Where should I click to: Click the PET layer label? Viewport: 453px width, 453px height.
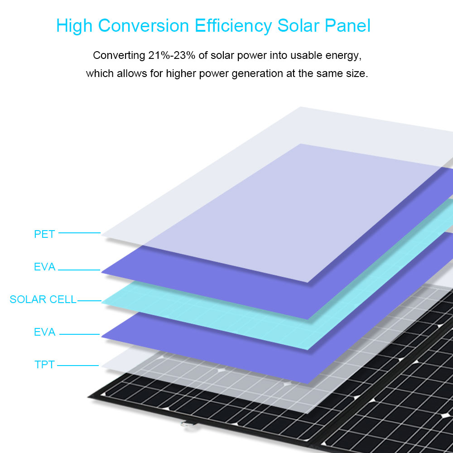pyautogui.click(x=44, y=234)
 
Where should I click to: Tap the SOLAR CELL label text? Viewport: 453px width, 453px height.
pyautogui.click(x=43, y=299)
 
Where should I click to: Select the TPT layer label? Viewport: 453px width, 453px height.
pyautogui.click(x=44, y=365)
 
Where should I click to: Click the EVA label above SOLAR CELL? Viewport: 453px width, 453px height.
pyautogui.click(x=44, y=267)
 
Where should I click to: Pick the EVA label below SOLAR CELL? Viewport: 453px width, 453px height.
pyautogui.click(x=44, y=332)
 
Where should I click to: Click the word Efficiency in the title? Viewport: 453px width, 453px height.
pyautogui.click(x=233, y=26)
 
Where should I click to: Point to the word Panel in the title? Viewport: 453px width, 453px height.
pyautogui.click(x=347, y=26)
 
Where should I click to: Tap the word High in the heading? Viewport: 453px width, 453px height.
pyautogui.click(x=74, y=26)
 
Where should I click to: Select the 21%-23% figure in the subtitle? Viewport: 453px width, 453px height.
pyautogui.click(x=172, y=55)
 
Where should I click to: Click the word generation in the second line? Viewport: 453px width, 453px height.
pyautogui.click(x=257, y=74)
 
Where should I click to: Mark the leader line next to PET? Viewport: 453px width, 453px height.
pyautogui.click(x=79, y=232)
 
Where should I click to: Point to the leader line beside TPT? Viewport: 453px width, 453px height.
pyautogui.click(x=78, y=366)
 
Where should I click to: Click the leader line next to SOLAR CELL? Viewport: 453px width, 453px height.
pyautogui.click(x=89, y=301)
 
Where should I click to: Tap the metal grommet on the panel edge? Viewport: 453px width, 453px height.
pyautogui.click(x=185, y=424)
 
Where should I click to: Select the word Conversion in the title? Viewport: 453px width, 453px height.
pyautogui.click(x=144, y=26)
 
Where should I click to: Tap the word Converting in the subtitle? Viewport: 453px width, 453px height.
pyautogui.click(x=119, y=56)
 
